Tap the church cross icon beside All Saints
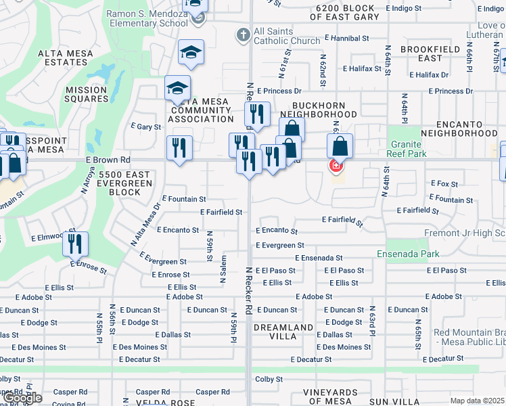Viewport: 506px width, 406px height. coord(243,34)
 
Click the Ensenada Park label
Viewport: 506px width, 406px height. coord(408,254)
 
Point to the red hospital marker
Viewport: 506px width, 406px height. coord(335,166)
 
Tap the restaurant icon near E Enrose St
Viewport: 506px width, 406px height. coord(75,244)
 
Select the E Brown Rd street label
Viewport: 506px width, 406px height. coord(108,160)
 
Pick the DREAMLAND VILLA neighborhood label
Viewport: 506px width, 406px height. coord(283,332)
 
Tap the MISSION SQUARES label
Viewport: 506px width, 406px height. coord(87,94)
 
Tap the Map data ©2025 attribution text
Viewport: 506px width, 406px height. coord(478,401)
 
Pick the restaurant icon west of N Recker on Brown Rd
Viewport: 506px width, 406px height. coord(179,148)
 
